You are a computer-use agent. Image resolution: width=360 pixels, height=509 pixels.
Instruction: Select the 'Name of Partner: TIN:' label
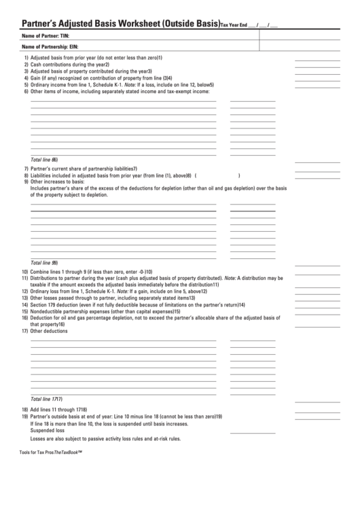pyautogui.click(x=46, y=35)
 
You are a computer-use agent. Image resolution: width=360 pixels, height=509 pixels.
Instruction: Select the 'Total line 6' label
pyautogui.click(x=44, y=160)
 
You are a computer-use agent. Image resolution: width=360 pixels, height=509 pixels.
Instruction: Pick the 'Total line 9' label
pyautogui.click(x=44, y=262)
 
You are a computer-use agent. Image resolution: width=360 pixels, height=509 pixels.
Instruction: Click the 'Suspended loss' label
pyautogui.click(x=48, y=430)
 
